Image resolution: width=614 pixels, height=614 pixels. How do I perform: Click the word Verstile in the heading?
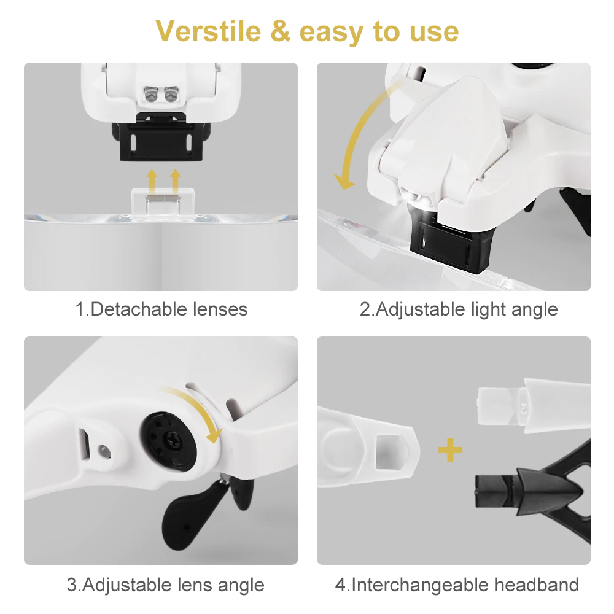[x=208, y=31]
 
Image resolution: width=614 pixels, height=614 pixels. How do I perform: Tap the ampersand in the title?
[x=281, y=31]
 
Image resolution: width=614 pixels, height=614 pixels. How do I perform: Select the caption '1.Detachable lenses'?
[x=161, y=309]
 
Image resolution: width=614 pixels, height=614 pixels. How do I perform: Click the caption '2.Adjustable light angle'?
[x=459, y=309]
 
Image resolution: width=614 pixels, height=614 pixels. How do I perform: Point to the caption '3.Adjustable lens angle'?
[x=166, y=585]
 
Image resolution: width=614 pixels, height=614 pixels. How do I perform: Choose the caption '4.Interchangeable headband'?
[x=457, y=585]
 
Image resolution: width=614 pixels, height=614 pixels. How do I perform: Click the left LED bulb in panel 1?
[x=150, y=95]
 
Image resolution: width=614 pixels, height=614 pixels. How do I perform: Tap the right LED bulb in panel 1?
[x=171, y=95]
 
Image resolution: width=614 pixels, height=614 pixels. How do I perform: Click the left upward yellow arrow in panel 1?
[x=152, y=181]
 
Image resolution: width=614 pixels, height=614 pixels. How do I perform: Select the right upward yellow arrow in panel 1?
[x=176, y=181]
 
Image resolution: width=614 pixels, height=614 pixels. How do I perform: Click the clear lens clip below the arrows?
[x=163, y=202]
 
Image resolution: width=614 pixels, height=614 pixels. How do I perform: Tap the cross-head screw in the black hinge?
[x=174, y=440]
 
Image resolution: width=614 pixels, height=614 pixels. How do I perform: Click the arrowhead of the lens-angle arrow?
[x=214, y=435]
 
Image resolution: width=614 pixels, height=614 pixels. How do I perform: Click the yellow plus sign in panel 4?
[x=450, y=450]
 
